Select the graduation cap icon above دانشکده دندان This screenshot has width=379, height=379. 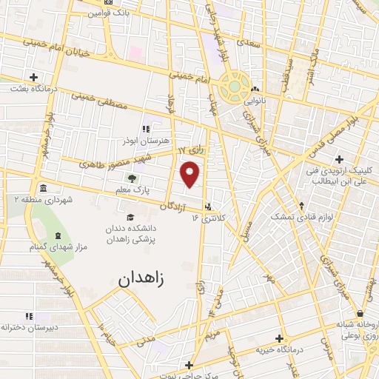coord(130,218)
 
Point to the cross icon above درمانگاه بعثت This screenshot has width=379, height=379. coord(34,76)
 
